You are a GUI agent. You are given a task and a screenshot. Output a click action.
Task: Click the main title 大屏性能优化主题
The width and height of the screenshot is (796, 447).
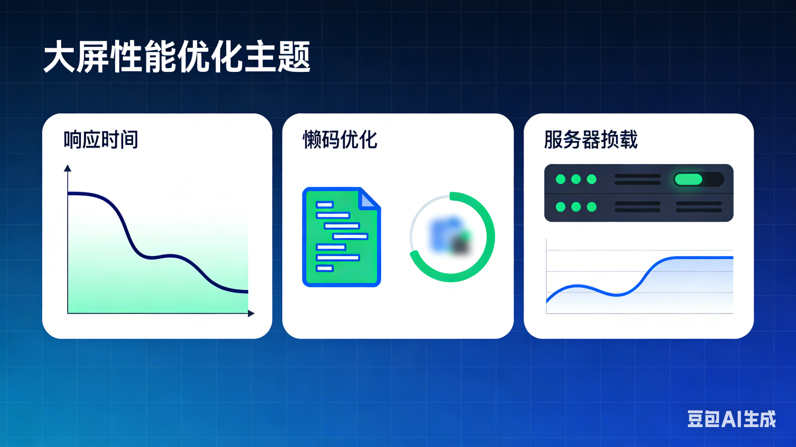point(177,57)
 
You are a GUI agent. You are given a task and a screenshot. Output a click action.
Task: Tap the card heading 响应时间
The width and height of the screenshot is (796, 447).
point(101,140)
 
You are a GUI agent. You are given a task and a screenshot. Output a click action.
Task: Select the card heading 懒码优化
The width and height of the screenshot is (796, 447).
point(340,140)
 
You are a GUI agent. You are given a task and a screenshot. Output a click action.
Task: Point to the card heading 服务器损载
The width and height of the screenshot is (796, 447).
point(590,140)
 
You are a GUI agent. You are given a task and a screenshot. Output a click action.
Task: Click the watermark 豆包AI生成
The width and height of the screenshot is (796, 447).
point(731,419)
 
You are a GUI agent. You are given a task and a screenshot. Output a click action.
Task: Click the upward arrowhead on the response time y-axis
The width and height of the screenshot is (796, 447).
point(68,169)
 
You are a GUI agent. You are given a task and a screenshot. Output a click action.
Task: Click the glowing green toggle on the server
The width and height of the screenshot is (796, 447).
point(688,179)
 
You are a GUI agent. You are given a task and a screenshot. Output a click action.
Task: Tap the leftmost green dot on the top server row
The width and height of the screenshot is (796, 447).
point(560,179)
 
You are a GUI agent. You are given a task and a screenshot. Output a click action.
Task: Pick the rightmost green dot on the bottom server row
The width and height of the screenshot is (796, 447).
point(591,206)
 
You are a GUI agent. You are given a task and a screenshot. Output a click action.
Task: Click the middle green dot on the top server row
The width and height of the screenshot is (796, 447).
point(576,179)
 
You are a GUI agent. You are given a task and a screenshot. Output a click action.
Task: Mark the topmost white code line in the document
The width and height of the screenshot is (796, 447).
point(325,204)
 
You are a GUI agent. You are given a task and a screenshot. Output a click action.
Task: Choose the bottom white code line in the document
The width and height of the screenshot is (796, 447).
point(325,268)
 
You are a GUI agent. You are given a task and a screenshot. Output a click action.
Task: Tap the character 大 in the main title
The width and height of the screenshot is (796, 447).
point(59,57)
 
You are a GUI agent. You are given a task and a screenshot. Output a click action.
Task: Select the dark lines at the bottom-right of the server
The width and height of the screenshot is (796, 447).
point(699,207)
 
